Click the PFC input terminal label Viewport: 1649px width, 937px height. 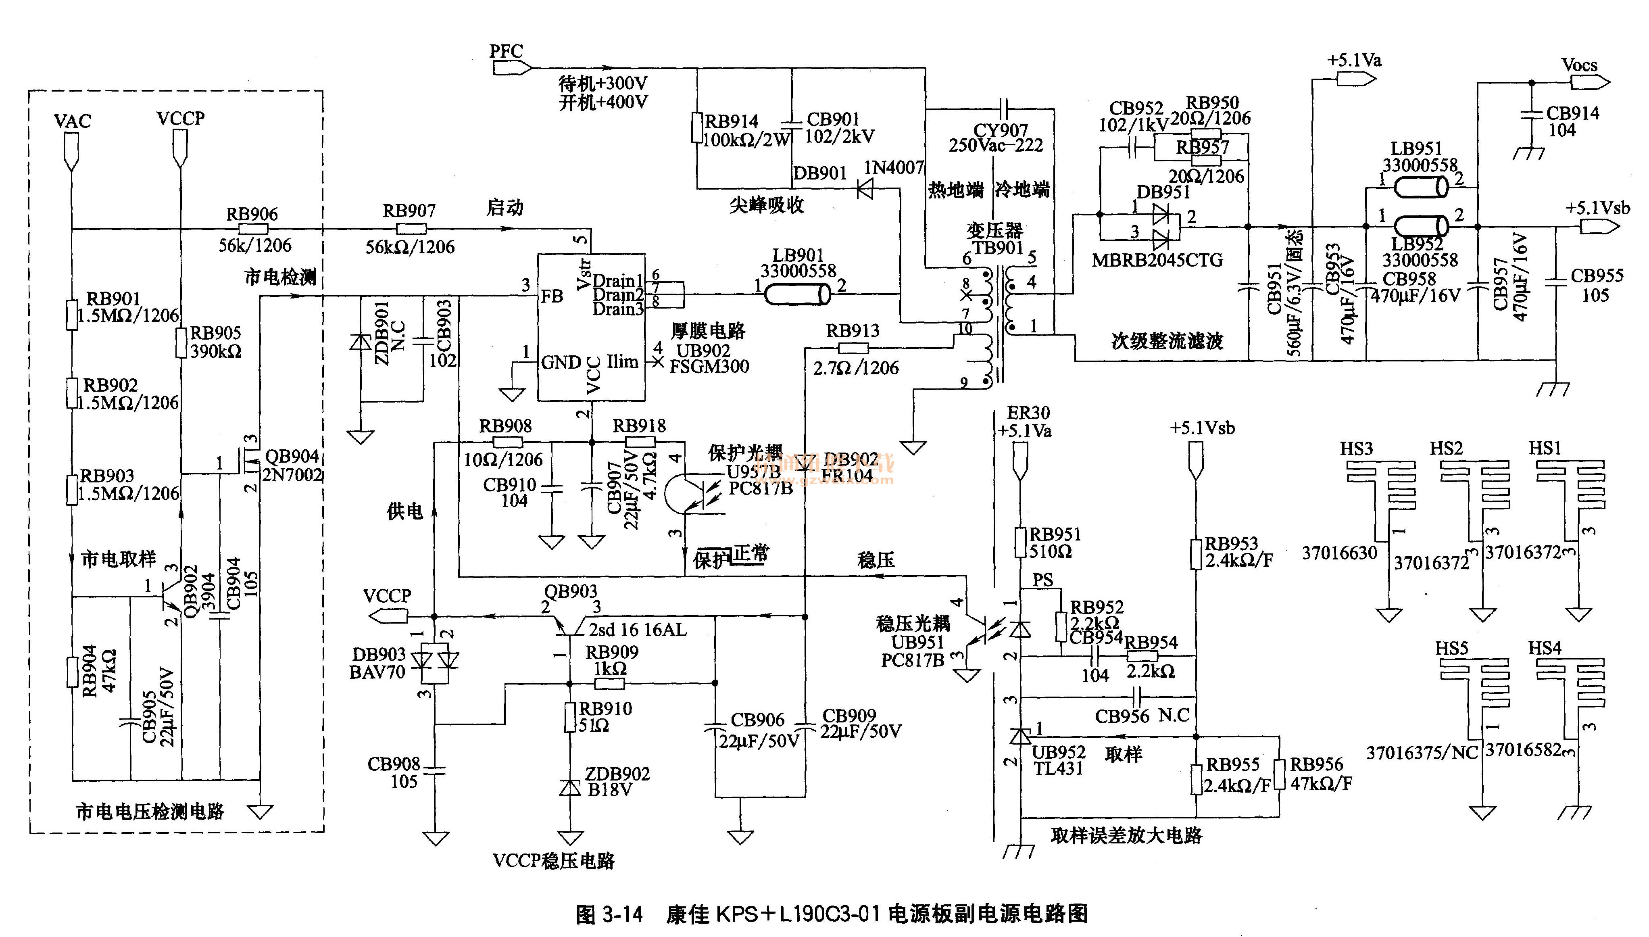pyautogui.click(x=506, y=51)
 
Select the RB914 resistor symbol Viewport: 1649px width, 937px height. pyautogui.click(x=697, y=127)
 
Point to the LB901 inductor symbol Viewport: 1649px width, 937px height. pyautogui.click(x=797, y=295)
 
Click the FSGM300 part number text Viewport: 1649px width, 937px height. pyautogui.click(x=709, y=367)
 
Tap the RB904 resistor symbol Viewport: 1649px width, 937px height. pyautogui.click(x=72, y=671)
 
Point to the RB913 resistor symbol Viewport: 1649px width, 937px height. pyautogui.click(x=853, y=348)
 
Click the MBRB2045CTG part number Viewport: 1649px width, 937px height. pyautogui.click(x=1157, y=261)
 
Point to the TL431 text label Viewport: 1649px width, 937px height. pyautogui.click(x=1058, y=768)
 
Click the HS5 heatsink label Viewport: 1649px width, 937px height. pyautogui.click(x=1451, y=648)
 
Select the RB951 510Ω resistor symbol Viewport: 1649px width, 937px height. pyautogui.click(x=1020, y=543)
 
